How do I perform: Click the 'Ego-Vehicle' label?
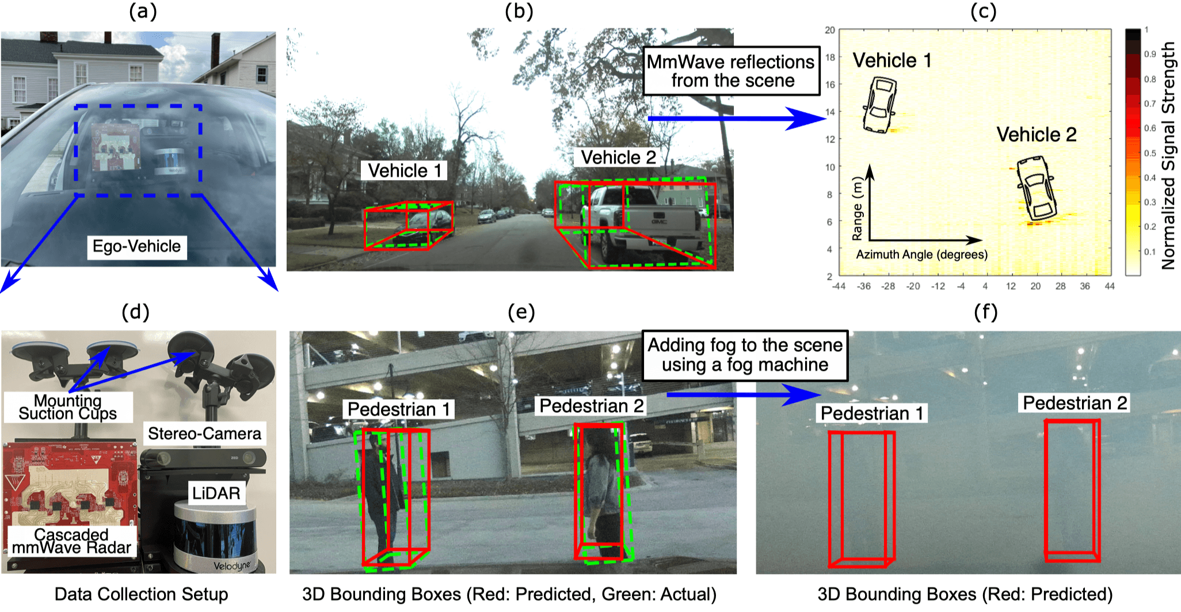(x=137, y=247)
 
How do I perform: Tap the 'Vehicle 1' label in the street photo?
(x=405, y=171)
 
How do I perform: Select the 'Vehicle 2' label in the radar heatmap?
(x=1036, y=135)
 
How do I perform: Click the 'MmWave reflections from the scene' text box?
(x=732, y=71)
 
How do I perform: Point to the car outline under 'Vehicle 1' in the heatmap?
(x=879, y=105)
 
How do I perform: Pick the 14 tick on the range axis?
(x=830, y=112)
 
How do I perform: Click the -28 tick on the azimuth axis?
(x=888, y=286)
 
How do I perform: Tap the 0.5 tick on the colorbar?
(x=1150, y=154)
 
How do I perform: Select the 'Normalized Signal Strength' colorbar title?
(x=1168, y=155)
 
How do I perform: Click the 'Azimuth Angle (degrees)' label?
(x=921, y=255)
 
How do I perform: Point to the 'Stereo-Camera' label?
(x=204, y=434)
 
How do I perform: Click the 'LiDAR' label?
(x=216, y=493)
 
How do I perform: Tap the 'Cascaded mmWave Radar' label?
(x=71, y=541)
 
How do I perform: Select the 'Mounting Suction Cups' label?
(x=68, y=407)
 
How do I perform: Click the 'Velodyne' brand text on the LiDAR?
(x=232, y=566)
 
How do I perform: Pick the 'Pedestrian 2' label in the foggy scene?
(x=1075, y=403)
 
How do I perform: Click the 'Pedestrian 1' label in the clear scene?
(x=399, y=410)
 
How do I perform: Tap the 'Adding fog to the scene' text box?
(x=745, y=355)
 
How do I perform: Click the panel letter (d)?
(x=136, y=312)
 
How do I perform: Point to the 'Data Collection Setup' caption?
(x=142, y=594)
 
